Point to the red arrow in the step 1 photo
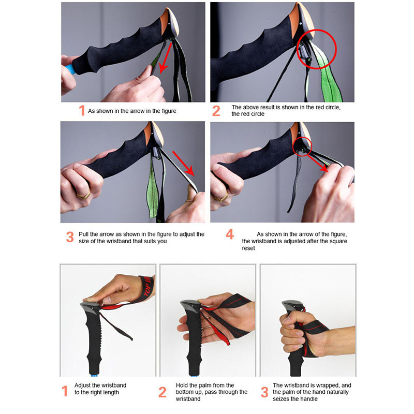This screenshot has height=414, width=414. click(166, 57)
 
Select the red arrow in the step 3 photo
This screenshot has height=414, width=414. click(183, 163)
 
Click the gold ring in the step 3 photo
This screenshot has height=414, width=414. click(84, 196)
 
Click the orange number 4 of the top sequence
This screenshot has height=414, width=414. click(230, 234)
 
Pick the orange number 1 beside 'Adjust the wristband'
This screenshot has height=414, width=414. click(65, 391)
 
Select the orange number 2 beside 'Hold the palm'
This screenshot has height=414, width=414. click(162, 392)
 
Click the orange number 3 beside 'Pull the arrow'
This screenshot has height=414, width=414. click(70, 237)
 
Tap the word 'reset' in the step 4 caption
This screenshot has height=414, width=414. click(248, 248)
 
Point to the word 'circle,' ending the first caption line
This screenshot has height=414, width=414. click(333, 108)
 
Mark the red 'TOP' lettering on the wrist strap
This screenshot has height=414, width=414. click(147, 290)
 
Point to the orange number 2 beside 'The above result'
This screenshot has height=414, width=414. click(216, 111)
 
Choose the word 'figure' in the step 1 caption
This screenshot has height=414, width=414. click(169, 111)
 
